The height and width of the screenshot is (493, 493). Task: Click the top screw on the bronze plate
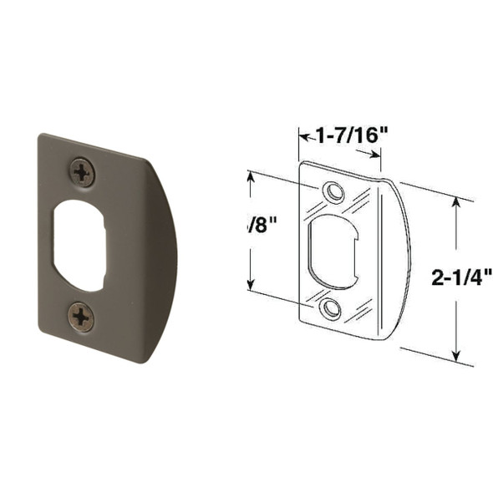click(x=82, y=173)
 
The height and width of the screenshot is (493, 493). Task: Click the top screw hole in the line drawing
click(x=335, y=191)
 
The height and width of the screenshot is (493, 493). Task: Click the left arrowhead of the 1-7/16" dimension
click(x=302, y=135)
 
